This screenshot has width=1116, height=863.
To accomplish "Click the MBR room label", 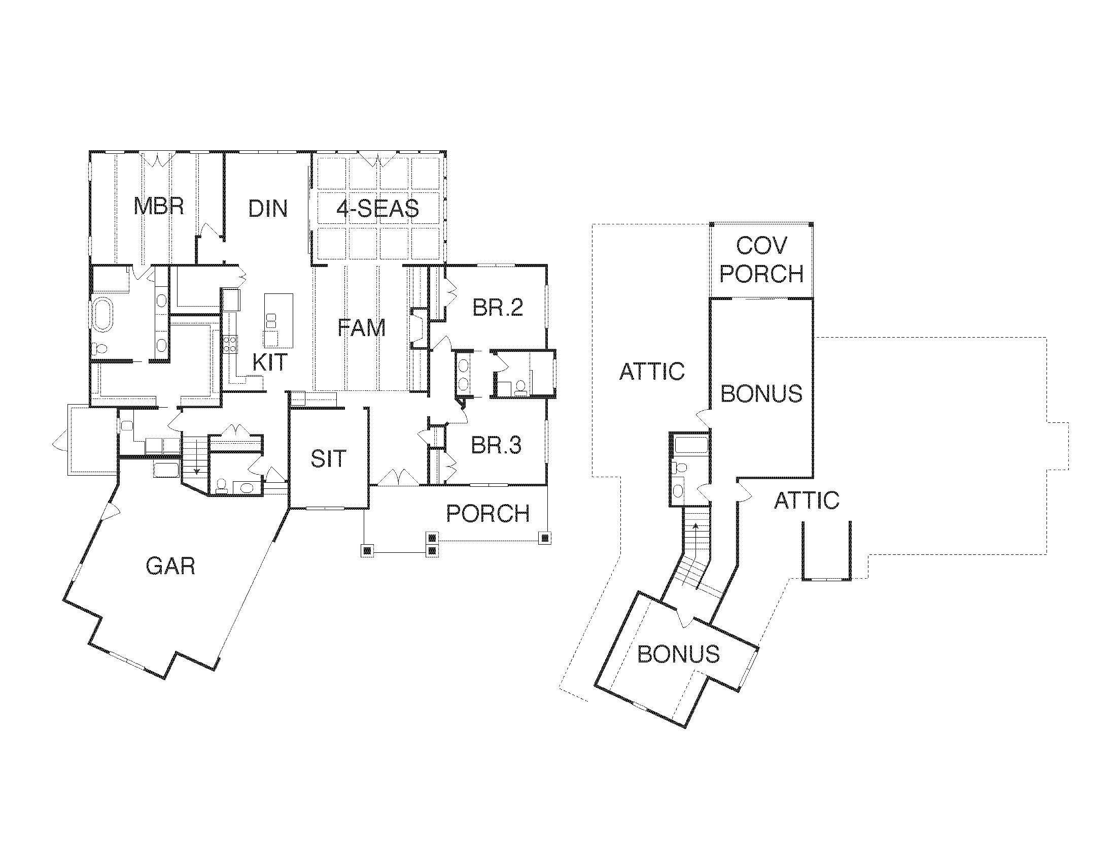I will pyautogui.click(x=158, y=207).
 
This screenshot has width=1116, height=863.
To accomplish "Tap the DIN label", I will pyautogui.click(x=268, y=209).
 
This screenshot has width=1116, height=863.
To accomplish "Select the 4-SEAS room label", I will pyautogui.click(x=377, y=209).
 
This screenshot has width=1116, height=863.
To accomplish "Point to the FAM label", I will pyautogui.click(x=361, y=328).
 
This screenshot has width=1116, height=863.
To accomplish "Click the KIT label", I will pyautogui.click(x=270, y=362).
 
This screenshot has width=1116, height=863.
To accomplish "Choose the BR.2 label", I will pyautogui.click(x=497, y=308).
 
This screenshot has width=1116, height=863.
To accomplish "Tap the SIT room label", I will pyautogui.click(x=328, y=459).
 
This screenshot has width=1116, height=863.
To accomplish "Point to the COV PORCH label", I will pyautogui.click(x=761, y=260).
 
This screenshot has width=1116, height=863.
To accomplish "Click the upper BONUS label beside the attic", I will pyautogui.click(x=761, y=393).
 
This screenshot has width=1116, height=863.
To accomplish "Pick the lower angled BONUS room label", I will pyautogui.click(x=679, y=654).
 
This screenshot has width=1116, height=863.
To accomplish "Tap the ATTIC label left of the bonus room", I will pyautogui.click(x=651, y=372).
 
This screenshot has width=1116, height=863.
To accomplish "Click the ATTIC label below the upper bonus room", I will pyautogui.click(x=807, y=501).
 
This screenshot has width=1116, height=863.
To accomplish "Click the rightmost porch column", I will pyautogui.click(x=545, y=538).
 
